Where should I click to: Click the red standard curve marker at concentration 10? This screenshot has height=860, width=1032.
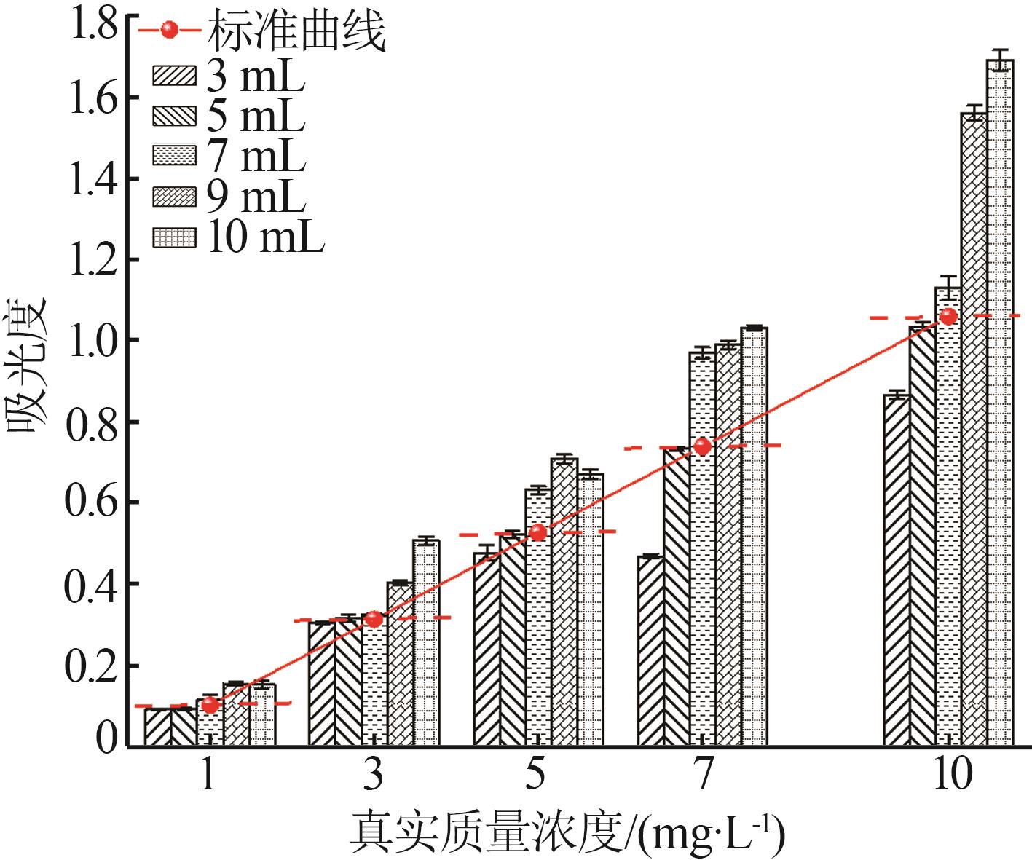[x=948, y=316]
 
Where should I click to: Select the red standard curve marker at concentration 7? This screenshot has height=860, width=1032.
[x=702, y=446]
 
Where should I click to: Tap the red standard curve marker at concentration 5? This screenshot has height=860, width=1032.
[x=537, y=532]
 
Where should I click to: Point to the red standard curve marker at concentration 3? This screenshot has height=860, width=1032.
[x=374, y=619]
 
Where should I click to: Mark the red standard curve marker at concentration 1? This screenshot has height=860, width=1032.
[x=210, y=705]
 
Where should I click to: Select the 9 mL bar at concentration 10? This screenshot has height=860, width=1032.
[x=974, y=430]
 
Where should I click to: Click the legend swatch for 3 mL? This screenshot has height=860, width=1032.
[x=174, y=76]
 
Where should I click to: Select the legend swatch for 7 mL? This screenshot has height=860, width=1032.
[x=174, y=156]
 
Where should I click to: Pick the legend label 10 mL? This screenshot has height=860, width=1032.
[x=265, y=237]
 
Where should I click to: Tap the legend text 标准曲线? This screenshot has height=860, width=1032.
[x=296, y=31]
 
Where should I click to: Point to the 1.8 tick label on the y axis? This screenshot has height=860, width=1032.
[x=92, y=23]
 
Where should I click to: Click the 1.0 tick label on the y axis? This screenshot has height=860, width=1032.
[x=92, y=340]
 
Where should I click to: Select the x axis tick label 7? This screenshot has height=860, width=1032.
[x=702, y=776]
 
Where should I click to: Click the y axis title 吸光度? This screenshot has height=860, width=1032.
[x=27, y=364]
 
